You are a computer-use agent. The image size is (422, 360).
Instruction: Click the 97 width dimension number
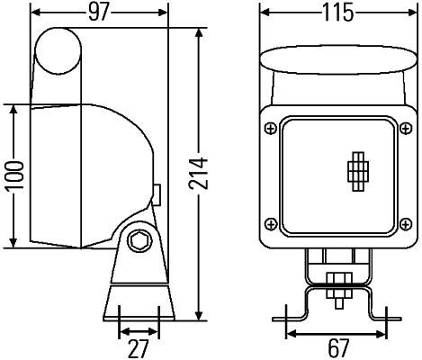tap(99, 12)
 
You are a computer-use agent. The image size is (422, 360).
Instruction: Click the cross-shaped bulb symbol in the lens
tap(358, 170)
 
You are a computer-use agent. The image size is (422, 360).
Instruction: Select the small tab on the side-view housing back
tap(157, 194)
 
